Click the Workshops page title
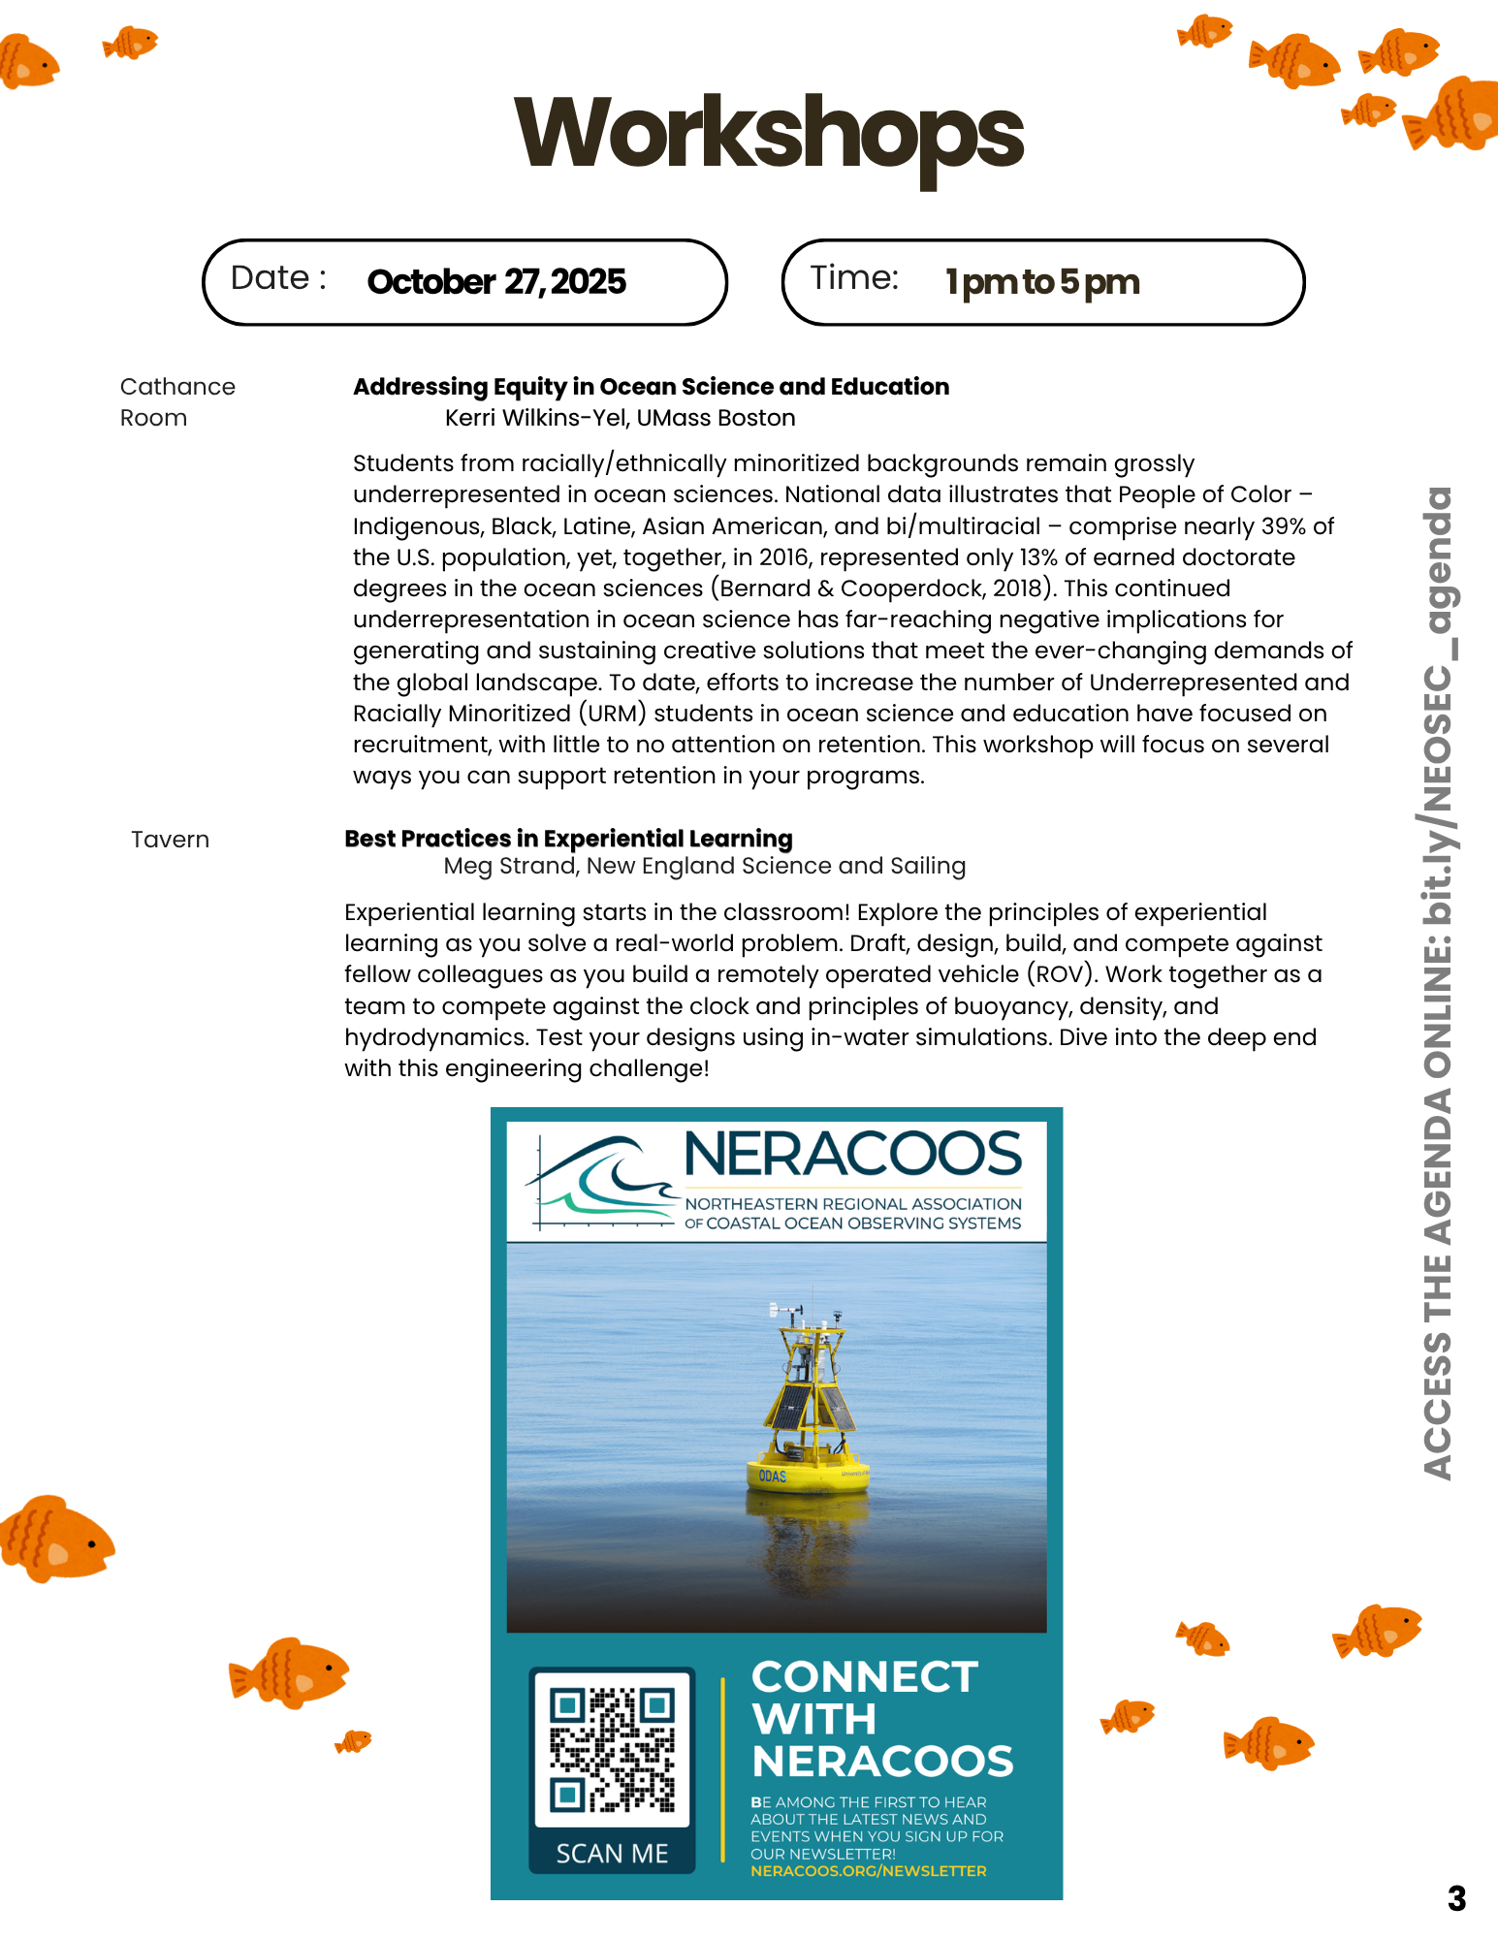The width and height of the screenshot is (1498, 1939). click(x=768, y=134)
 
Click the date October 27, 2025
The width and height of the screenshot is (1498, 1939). click(x=496, y=282)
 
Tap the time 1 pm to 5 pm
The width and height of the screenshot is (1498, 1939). click(x=1042, y=282)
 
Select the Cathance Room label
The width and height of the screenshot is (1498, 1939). click(x=177, y=402)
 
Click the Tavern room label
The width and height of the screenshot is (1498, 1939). click(x=171, y=840)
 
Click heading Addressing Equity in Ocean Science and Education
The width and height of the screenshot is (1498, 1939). click(x=651, y=387)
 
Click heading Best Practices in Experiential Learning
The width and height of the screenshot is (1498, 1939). click(x=568, y=839)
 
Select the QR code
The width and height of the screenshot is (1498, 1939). click(x=612, y=1750)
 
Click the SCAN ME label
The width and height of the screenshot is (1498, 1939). click(x=612, y=1854)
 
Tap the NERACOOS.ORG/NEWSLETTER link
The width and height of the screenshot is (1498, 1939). click(x=868, y=1871)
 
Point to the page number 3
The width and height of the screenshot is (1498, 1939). click(x=1456, y=1898)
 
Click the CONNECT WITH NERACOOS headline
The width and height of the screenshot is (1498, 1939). click(x=881, y=1719)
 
